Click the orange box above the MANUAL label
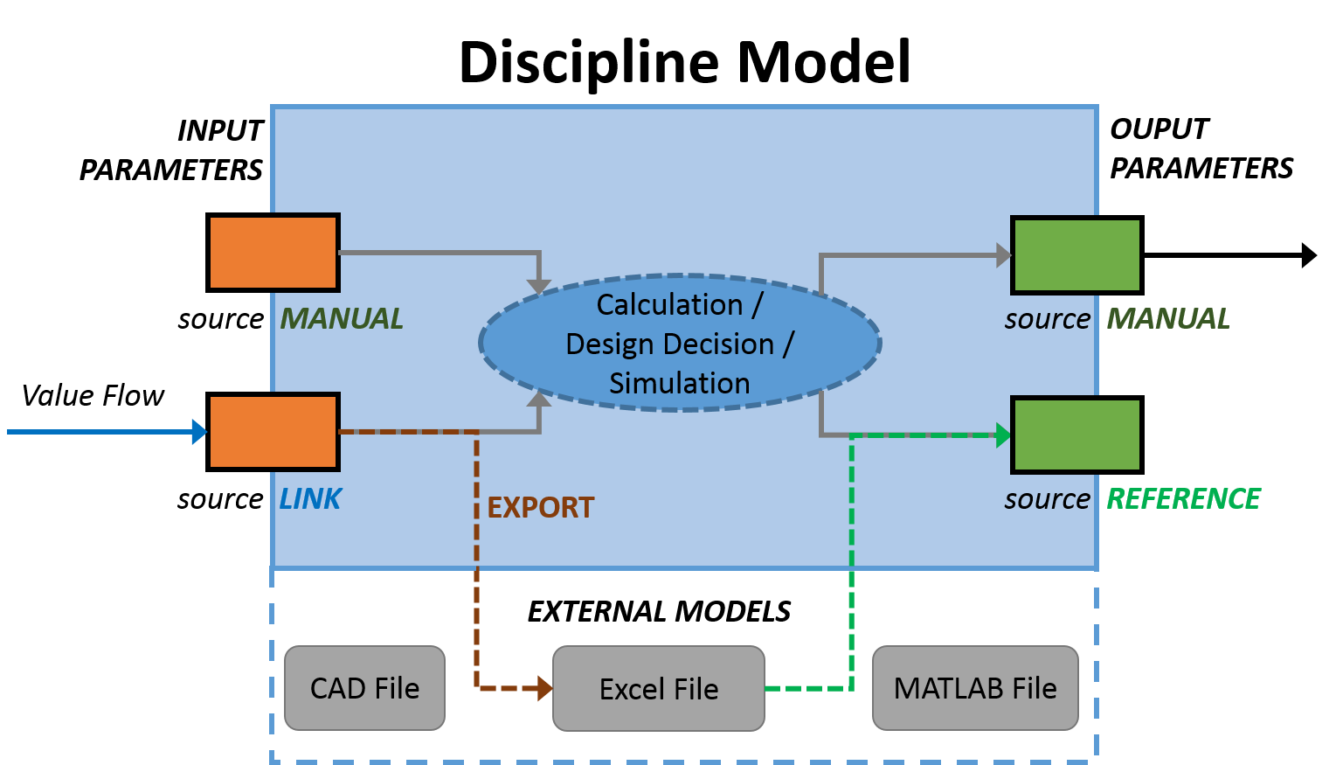[274, 253]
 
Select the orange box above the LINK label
[274, 431]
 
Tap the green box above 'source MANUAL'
[1076, 255]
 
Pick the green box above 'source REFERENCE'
[1076, 435]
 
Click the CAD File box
[364, 688]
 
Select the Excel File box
[659, 689]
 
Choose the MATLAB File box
[975, 688]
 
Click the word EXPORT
[541, 507]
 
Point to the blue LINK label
[310, 498]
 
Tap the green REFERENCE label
[1183, 498]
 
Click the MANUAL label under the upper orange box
[342, 318]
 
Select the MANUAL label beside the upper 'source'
[1168, 318]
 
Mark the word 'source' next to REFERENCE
[1047, 499]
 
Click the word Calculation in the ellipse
[669, 304]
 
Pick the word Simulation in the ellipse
[680, 383]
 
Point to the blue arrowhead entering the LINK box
[199, 431]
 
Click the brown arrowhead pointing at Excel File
[544, 689]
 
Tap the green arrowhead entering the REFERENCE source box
[1003, 435]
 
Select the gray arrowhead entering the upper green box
[1004, 255]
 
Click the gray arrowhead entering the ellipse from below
[539, 400]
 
